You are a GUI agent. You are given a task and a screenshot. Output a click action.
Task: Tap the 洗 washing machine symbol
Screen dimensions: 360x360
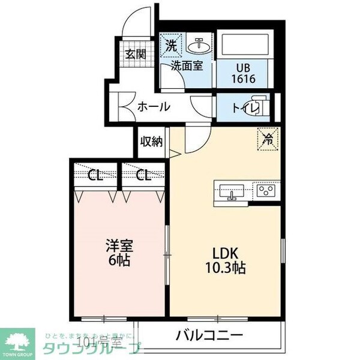click(171, 45)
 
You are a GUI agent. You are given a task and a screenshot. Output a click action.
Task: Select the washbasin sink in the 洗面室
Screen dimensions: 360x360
click(197, 44)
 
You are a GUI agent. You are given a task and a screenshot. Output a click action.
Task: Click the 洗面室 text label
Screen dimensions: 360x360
click(186, 66)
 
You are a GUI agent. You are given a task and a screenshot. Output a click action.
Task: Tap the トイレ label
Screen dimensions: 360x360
click(245, 109)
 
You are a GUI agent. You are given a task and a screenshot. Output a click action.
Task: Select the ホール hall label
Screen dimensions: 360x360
click(154, 107)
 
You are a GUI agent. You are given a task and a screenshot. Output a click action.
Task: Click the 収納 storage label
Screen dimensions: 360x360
click(151, 142)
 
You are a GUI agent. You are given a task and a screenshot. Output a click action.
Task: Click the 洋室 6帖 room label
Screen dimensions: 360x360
click(119, 253)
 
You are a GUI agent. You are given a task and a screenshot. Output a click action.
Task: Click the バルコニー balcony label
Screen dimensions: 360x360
click(209, 335)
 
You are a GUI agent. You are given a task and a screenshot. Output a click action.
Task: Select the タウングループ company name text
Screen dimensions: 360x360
click(90, 349)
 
